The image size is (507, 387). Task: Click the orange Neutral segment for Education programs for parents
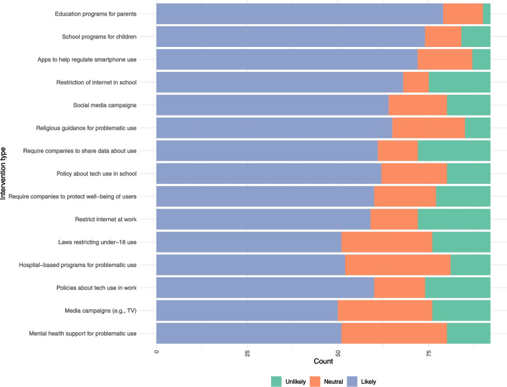point(463,14)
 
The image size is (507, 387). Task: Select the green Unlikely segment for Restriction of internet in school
point(459,82)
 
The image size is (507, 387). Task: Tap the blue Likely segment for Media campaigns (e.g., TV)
point(247,311)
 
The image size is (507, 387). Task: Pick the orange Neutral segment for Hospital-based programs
point(398,265)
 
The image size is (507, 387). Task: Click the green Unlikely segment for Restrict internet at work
point(454,219)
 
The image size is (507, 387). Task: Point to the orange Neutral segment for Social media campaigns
point(418,105)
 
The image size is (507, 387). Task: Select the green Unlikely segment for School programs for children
point(476,37)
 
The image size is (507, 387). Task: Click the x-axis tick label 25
point(248,353)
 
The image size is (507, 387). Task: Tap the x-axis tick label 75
point(429,353)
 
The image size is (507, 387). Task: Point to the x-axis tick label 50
point(338,353)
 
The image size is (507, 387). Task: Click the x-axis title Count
point(323,362)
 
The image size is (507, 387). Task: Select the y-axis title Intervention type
point(3,173)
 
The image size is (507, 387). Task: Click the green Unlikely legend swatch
point(276,382)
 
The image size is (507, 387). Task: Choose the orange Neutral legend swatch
point(315,382)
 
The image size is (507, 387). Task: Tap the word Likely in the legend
point(369,382)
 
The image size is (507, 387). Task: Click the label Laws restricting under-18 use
point(97,242)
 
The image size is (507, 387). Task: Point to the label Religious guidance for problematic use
point(86,129)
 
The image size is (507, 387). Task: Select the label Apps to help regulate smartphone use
point(87,59)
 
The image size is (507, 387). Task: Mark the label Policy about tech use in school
point(96,174)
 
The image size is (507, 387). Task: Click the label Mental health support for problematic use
point(83,333)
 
